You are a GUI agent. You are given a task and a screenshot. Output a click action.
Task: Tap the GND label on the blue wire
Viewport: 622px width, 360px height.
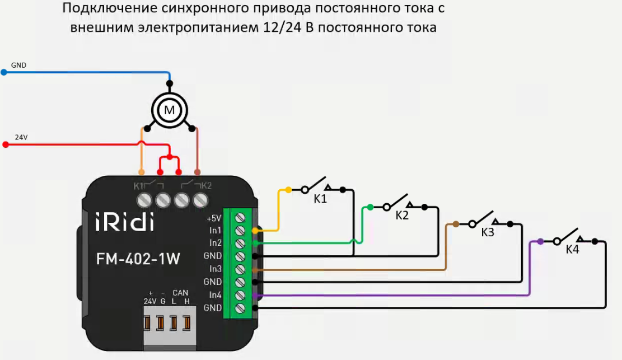coord(18,66)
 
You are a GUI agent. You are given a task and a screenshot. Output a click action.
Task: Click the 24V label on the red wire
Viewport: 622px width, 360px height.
coord(21,137)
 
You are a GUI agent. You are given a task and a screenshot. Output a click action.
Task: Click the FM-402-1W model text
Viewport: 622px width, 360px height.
coord(138,259)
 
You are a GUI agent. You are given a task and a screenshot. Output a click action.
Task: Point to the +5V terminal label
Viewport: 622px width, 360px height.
coord(214,218)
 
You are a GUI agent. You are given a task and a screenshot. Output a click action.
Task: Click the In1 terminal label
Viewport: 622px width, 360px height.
coord(216,231)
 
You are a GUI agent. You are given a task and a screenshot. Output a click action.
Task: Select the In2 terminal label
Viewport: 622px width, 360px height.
coord(216,243)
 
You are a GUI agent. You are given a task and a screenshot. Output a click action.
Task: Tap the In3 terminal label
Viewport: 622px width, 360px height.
coord(216,269)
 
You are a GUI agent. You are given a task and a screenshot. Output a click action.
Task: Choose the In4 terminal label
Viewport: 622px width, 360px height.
coord(216,295)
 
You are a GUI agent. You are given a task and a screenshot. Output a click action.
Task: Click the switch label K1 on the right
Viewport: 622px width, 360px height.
coord(320,199)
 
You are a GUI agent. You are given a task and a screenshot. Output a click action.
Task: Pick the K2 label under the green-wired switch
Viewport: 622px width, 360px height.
coord(403,216)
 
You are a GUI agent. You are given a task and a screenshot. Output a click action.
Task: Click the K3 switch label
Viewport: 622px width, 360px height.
coord(488,232)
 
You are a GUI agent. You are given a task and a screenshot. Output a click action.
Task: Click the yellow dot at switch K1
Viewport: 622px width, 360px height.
coord(288,190)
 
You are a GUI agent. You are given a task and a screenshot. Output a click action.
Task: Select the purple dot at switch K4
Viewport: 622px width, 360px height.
coord(540,241)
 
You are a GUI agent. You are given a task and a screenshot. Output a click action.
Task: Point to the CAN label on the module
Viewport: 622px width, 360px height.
coord(180,293)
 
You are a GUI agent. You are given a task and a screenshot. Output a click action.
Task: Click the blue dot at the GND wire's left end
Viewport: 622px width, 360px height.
coord(4,73)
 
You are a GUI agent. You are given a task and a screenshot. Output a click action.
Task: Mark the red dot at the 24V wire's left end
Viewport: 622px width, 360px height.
coord(6,144)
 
